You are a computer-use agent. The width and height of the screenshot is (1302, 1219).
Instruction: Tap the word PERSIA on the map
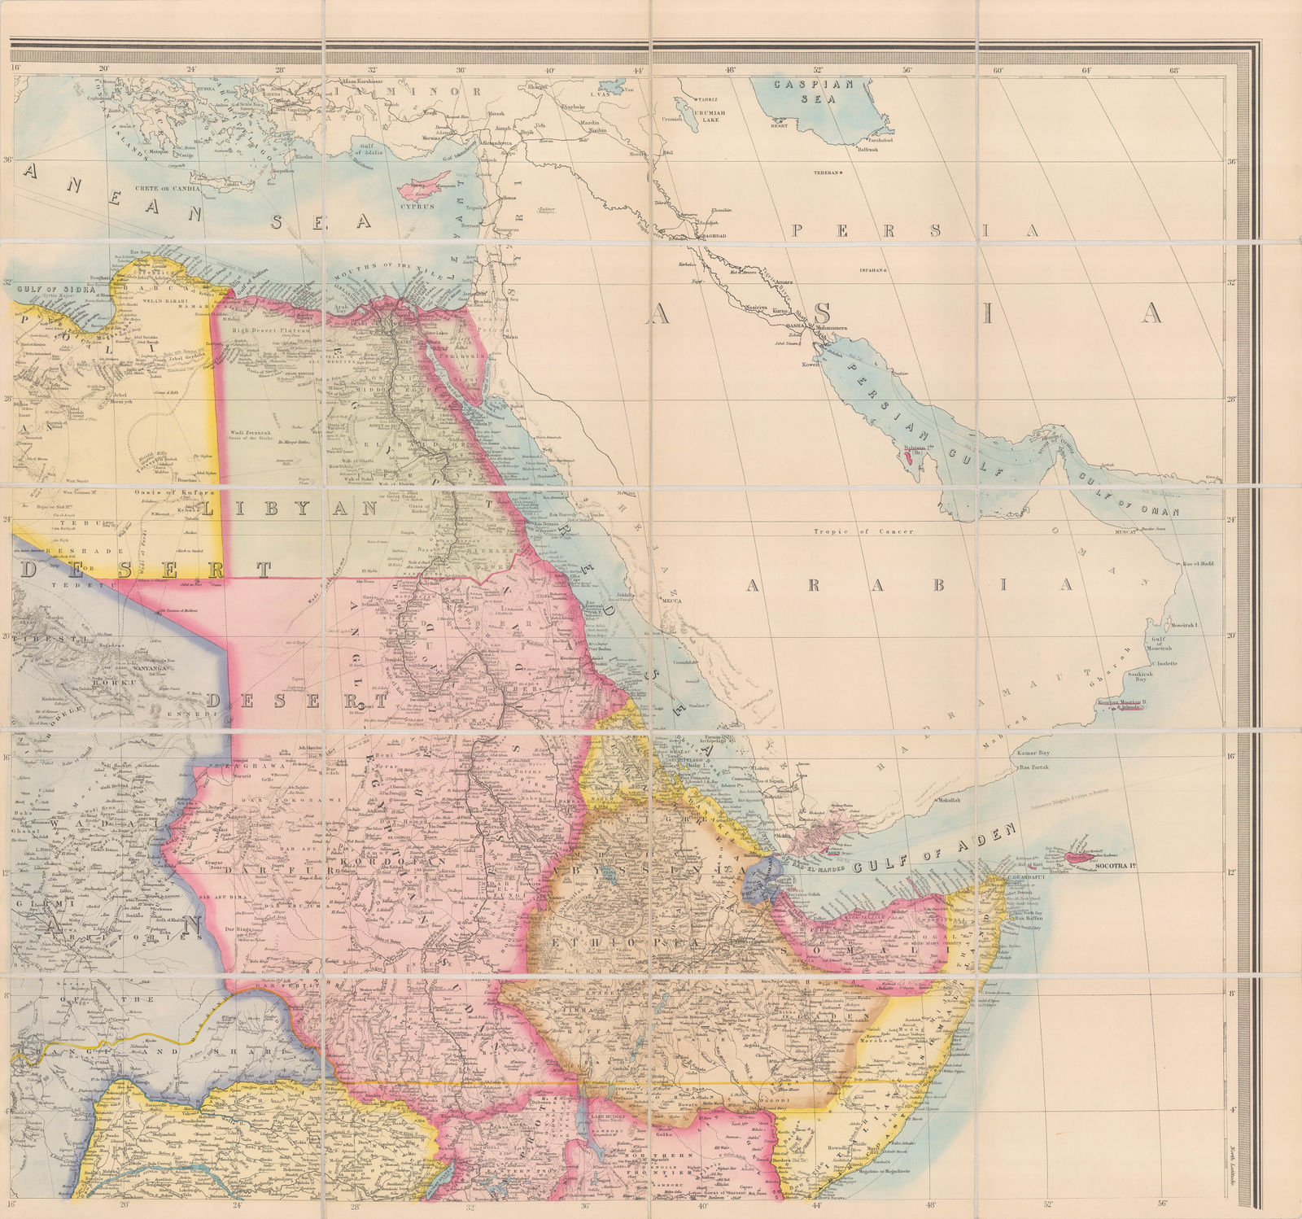915,231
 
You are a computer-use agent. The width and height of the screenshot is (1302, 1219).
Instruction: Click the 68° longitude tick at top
1174,69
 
